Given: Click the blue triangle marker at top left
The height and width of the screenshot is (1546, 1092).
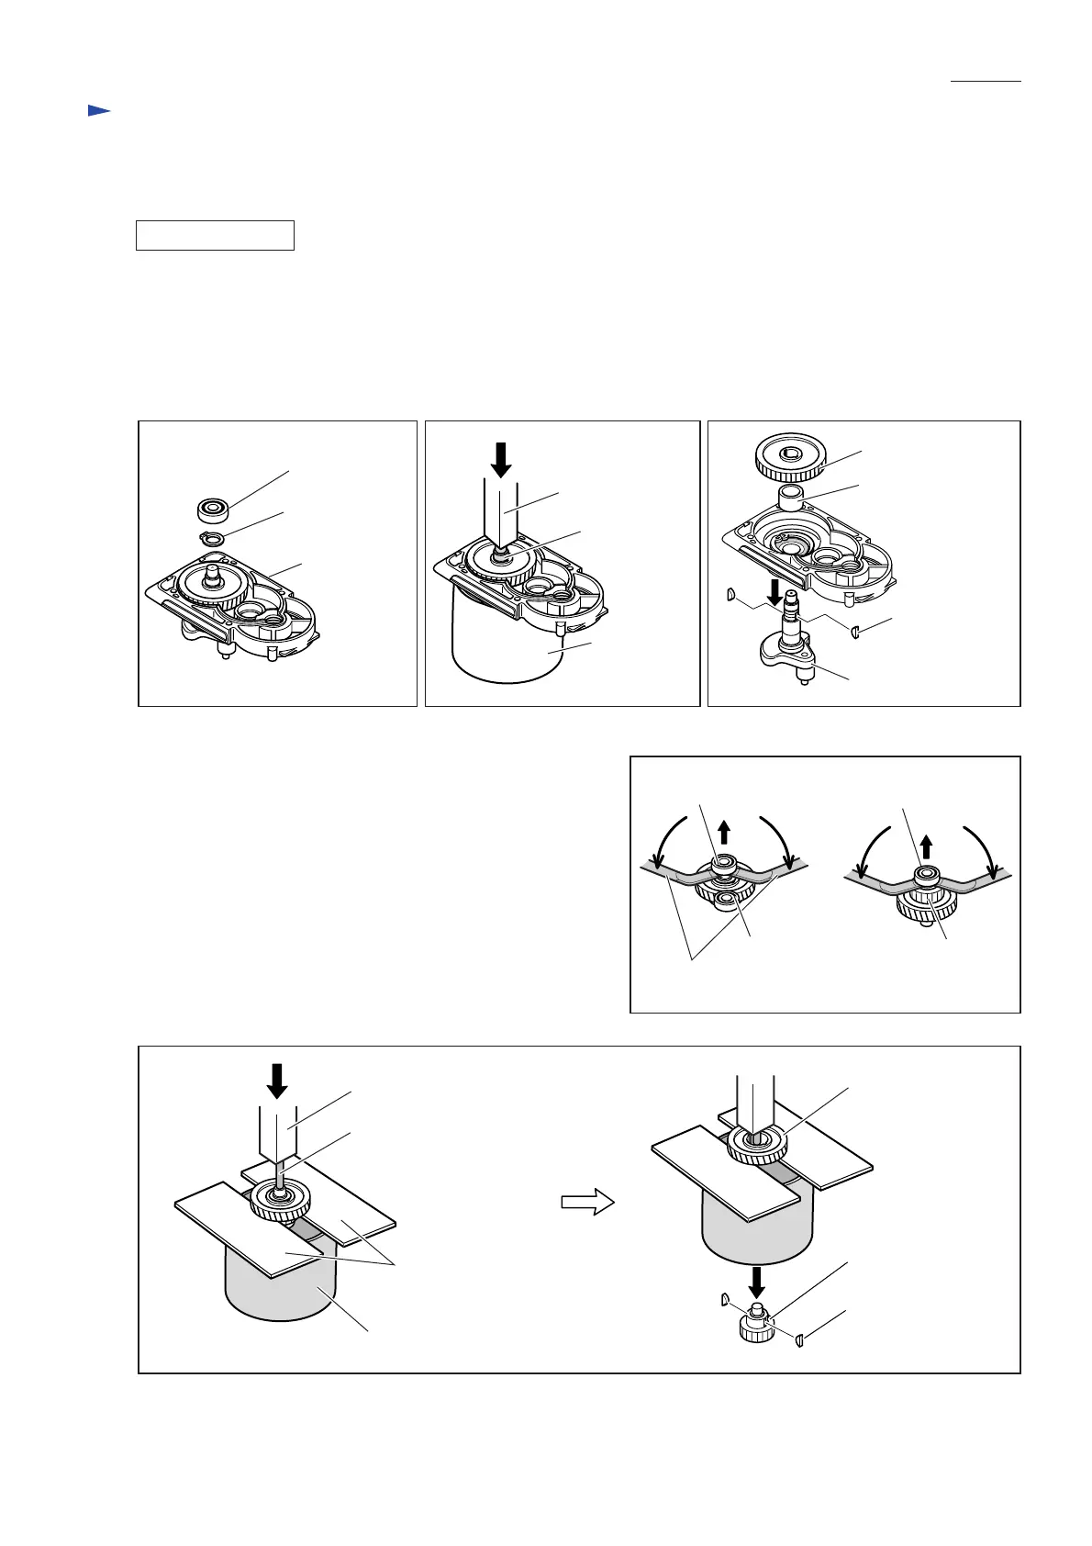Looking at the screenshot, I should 98,111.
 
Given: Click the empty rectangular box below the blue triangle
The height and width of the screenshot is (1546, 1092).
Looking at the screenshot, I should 215,235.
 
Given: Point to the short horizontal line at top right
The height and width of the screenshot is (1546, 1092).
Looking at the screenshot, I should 986,82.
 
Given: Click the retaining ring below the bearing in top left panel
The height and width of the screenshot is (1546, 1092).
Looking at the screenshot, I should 210,538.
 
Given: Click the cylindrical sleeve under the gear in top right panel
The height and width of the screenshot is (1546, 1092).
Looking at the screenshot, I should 791,499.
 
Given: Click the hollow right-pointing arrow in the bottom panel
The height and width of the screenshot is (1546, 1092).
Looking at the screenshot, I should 588,1201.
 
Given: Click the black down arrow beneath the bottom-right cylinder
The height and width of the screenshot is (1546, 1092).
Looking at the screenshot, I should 758,1278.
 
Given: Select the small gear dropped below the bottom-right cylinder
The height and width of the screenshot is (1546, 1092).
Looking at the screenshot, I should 758,1325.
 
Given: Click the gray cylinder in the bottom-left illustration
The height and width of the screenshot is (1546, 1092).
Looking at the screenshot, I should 280,1285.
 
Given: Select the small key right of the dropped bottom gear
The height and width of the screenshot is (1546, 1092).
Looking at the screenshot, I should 799,1340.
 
